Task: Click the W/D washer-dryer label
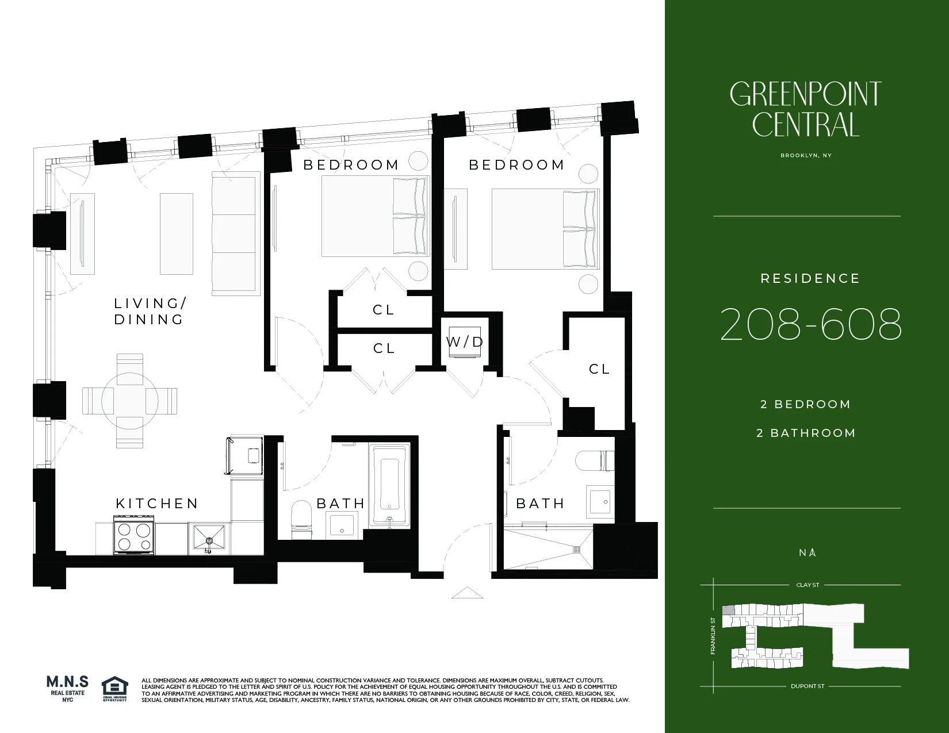[x=465, y=342]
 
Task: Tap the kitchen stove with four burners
[x=134, y=535]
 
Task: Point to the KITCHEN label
[x=157, y=504]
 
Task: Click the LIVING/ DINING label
[x=150, y=311]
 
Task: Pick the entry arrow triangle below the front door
[x=467, y=593]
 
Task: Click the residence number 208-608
[x=810, y=324]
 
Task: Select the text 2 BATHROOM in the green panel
[x=806, y=433]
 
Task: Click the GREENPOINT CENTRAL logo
[x=805, y=109]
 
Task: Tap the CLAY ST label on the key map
[x=808, y=585]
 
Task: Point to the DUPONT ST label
[x=808, y=686]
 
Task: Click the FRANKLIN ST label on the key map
[x=713, y=636]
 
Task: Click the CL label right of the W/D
[x=599, y=369]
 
